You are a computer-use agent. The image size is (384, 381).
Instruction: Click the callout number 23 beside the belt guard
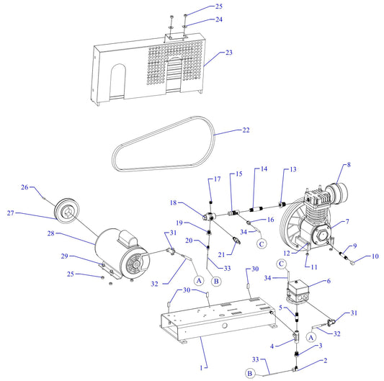[229, 53]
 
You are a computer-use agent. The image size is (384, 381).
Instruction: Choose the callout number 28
[30, 233]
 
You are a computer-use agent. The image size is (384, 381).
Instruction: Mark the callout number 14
[264, 169]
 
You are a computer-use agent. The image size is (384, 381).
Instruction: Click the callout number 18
[173, 203]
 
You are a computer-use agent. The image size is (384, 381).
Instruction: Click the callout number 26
[25, 188]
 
